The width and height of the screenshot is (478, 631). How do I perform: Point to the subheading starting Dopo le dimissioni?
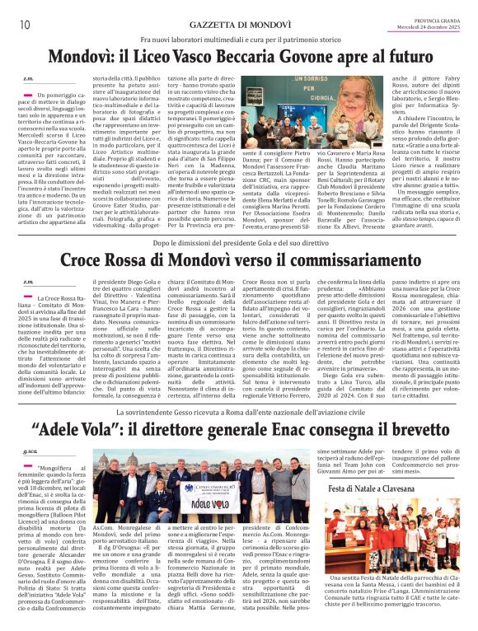pos(238,243)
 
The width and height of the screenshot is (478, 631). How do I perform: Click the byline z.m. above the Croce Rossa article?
pos(28,282)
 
